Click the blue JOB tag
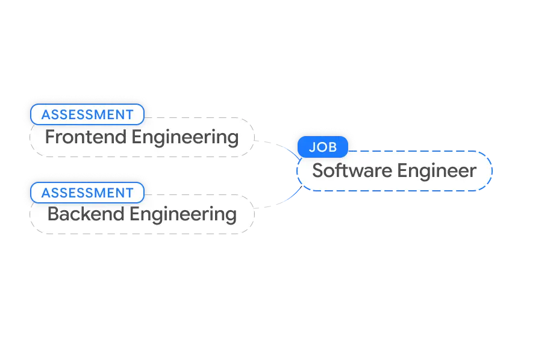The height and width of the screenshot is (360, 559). (323, 147)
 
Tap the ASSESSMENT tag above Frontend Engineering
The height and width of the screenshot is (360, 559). (87, 114)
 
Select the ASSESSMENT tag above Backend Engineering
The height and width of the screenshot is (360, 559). (87, 193)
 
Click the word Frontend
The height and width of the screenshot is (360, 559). (86, 137)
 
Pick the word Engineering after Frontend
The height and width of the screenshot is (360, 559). (185, 137)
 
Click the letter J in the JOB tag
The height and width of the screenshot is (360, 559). (313, 147)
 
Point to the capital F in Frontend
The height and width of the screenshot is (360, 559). (50, 137)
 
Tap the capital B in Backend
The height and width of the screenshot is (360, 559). (52, 214)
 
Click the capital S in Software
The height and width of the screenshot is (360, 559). (318, 171)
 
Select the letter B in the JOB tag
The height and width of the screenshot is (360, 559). (333, 147)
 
